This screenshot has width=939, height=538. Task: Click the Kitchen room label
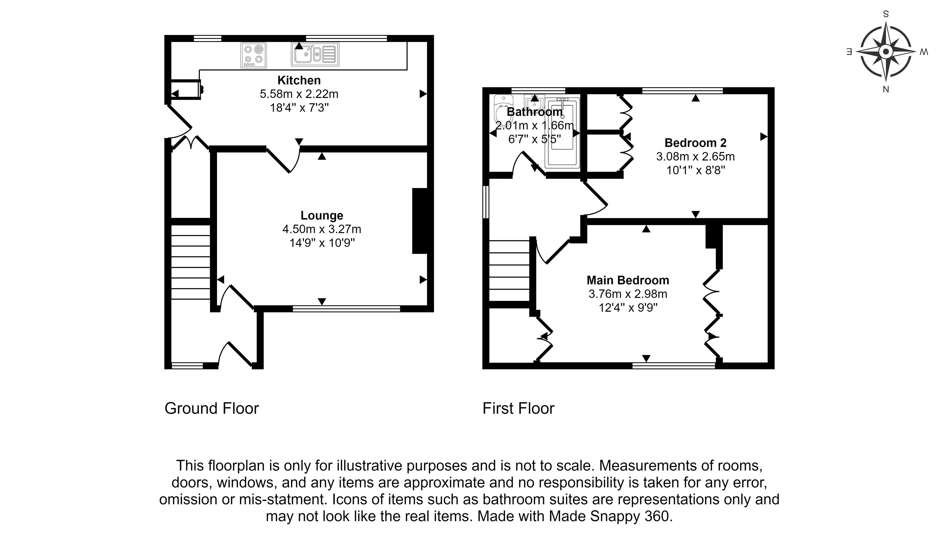point(299,80)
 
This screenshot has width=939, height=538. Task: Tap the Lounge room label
point(322,215)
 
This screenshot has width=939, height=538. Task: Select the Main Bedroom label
point(628,280)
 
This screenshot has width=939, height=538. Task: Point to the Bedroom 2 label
point(695,143)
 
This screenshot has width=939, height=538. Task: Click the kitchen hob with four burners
point(253,55)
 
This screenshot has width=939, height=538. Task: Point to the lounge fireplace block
point(420,221)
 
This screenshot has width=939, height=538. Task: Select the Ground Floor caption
point(212,409)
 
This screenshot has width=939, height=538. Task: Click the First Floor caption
point(518,409)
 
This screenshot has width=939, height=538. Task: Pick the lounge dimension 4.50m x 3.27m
point(322,229)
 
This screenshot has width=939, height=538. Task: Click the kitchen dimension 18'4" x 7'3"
point(299,108)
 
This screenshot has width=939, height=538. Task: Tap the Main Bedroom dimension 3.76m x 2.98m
point(628,294)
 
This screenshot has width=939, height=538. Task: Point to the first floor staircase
point(509,271)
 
